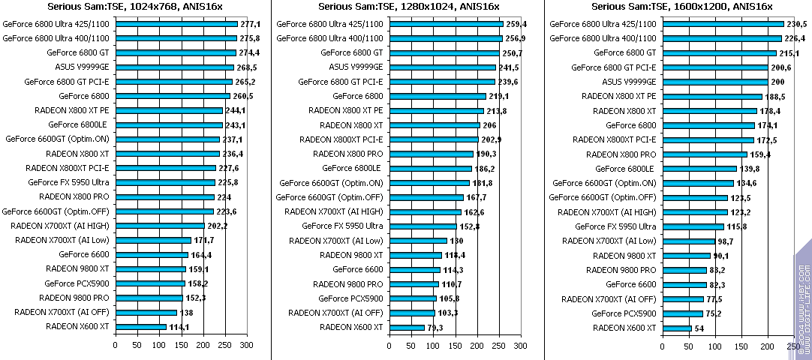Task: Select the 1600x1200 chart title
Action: [x=681, y=7]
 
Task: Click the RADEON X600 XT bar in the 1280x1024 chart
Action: [x=406, y=327]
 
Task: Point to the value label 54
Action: [x=701, y=328]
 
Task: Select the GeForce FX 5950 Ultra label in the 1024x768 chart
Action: [x=69, y=182]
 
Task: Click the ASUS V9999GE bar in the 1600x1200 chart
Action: [x=714, y=82]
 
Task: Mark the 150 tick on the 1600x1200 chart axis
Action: [x=741, y=346]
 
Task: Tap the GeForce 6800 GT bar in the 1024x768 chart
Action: [x=176, y=53]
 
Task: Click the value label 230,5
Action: [x=795, y=24]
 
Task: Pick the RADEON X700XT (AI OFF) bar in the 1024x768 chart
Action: [x=146, y=312]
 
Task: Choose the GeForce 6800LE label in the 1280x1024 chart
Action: [x=352, y=168]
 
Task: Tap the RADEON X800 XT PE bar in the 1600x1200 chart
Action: [x=711, y=96]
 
